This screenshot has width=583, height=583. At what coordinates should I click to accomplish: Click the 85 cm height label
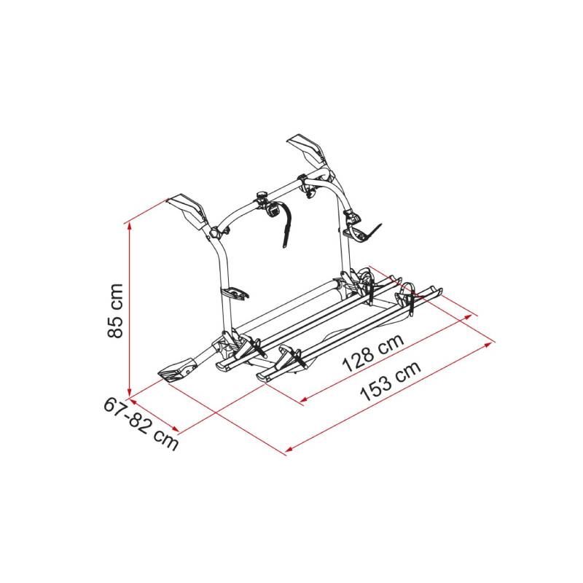[x=115, y=310]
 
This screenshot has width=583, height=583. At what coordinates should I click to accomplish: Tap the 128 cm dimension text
[x=373, y=352]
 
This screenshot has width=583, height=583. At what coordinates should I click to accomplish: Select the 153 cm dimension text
[x=391, y=381]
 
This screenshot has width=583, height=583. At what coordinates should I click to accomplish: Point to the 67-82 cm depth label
[x=141, y=424]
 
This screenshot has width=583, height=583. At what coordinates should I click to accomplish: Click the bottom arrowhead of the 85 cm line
[x=130, y=394]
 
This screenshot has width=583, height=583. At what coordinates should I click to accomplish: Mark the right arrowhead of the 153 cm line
[x=490, y=344]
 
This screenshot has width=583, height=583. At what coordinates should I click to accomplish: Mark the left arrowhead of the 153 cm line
[x=289, y=449]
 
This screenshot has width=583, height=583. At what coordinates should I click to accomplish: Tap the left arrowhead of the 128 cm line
[x=303, y=399]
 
